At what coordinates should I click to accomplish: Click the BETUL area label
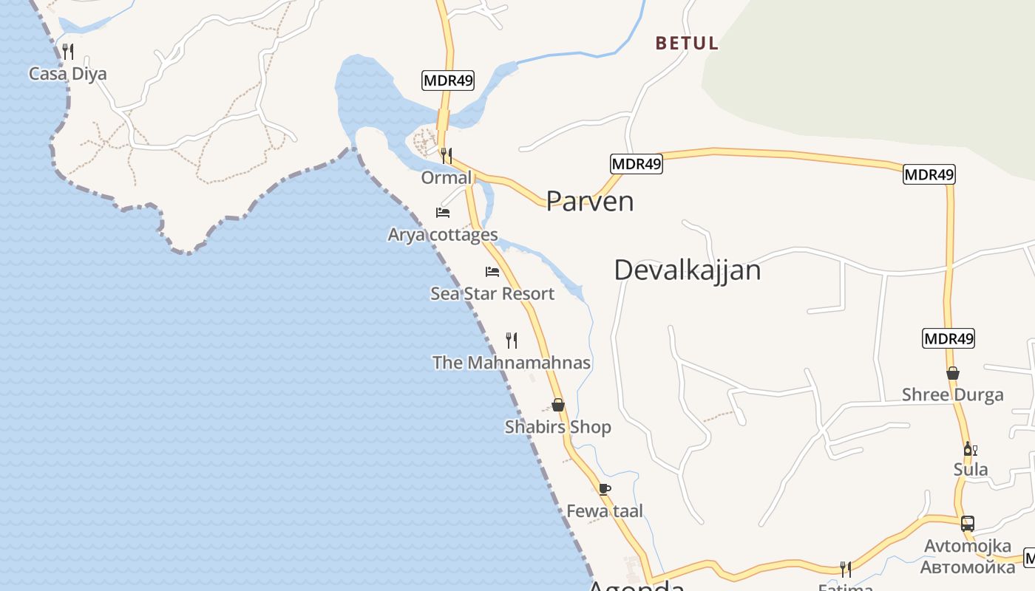[687, 43]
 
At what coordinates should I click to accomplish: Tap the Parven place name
[590, 201]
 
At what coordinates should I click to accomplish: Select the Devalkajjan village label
[687, 270]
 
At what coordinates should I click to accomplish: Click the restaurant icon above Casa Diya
[68, 51]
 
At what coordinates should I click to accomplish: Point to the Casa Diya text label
[68, 74]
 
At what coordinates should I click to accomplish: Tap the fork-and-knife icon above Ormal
[446, 155]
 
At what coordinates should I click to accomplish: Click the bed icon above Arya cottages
[443, 213]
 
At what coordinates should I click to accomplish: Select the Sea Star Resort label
[492, 293]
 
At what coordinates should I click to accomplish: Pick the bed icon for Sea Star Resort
[492, 271]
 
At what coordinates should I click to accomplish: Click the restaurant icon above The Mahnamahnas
[512, 340]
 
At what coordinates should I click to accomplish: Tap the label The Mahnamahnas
[512, 363]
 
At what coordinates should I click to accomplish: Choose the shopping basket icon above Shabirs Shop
[558, 405]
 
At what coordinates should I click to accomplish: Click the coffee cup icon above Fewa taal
[605, 488]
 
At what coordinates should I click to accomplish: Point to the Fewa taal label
[605, 510]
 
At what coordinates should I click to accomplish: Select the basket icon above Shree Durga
[953, 373]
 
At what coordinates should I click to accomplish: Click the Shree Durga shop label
[953, 394]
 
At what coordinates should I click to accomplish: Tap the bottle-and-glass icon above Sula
[971, 448]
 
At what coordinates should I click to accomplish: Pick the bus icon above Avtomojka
[968, 524]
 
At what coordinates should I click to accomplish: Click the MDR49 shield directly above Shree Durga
[949, 339]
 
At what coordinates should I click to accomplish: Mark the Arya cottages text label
[443, 235]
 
